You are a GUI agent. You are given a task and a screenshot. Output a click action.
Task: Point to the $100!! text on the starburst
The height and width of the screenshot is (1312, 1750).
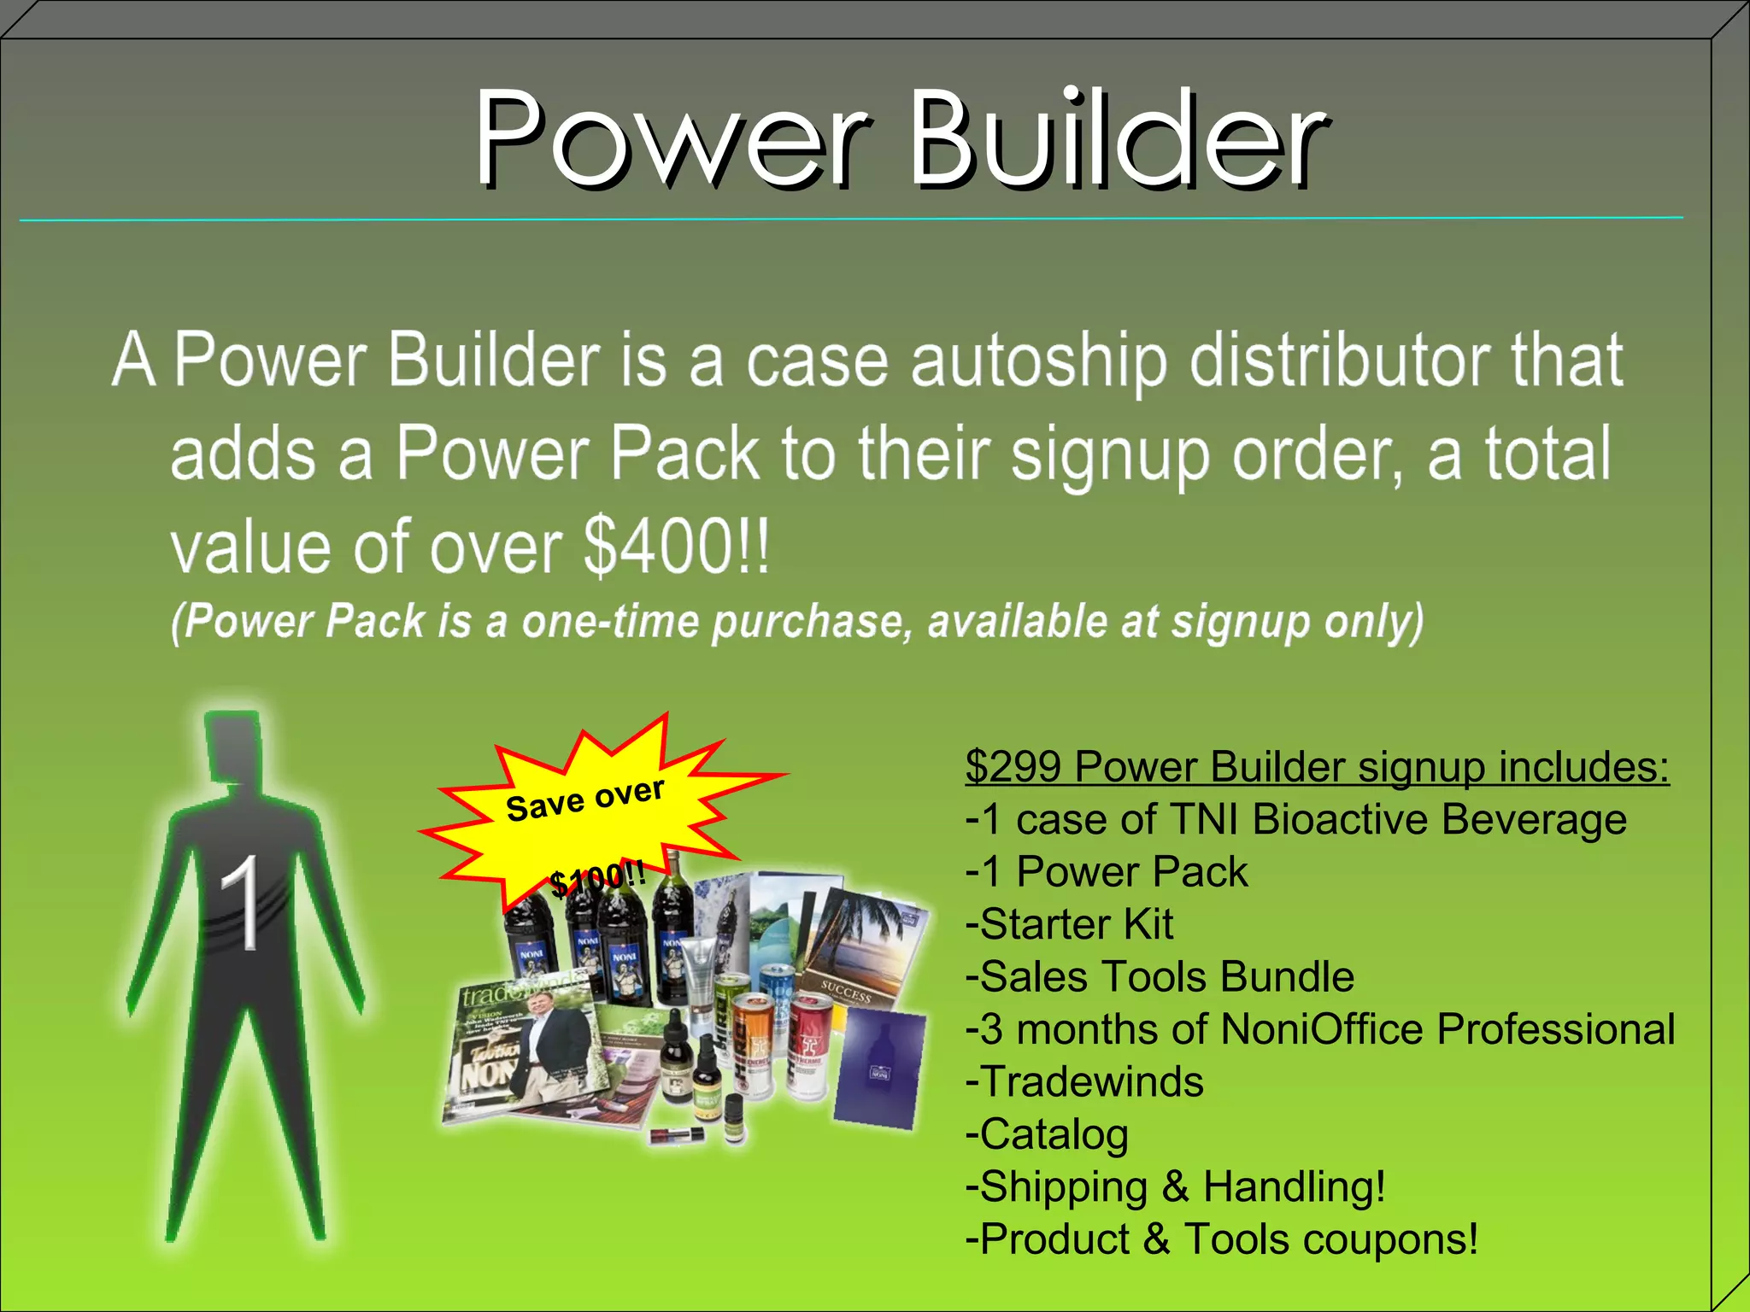tap(597, 878)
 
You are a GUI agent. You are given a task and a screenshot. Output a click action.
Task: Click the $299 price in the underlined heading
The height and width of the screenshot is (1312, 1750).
tap(1013, 766)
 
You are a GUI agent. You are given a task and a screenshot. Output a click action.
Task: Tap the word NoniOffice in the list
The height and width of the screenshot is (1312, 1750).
tap(1321, 1029)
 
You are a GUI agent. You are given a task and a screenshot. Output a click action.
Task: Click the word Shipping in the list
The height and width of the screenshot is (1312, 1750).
tap(1063, 1187)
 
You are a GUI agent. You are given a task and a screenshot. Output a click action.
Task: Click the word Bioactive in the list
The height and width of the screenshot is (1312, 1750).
tap(1340, 819)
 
